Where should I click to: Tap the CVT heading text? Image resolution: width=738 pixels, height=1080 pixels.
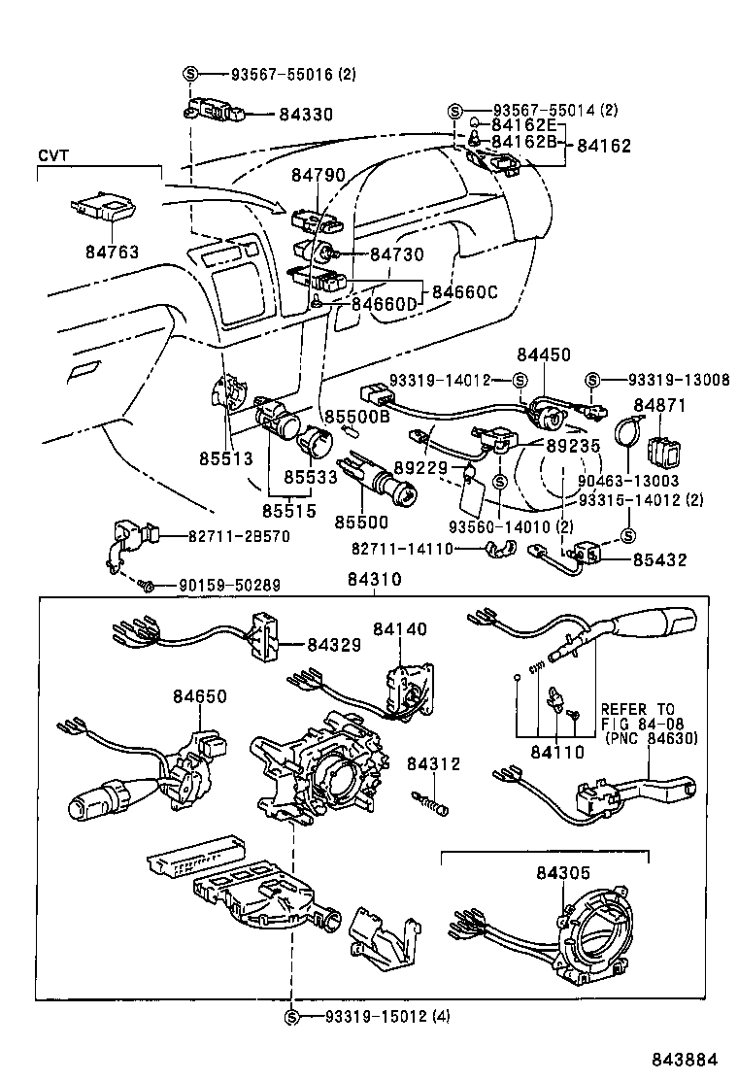53,155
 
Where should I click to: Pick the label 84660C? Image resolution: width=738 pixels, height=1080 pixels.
465,290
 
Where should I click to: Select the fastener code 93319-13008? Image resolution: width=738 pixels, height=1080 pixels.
678,380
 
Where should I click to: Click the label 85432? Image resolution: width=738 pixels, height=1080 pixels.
659,560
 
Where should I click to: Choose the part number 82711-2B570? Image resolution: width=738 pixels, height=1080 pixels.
224,536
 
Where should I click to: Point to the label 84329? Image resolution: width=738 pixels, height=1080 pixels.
334,644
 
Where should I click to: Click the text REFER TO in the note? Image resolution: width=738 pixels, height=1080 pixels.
636,709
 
